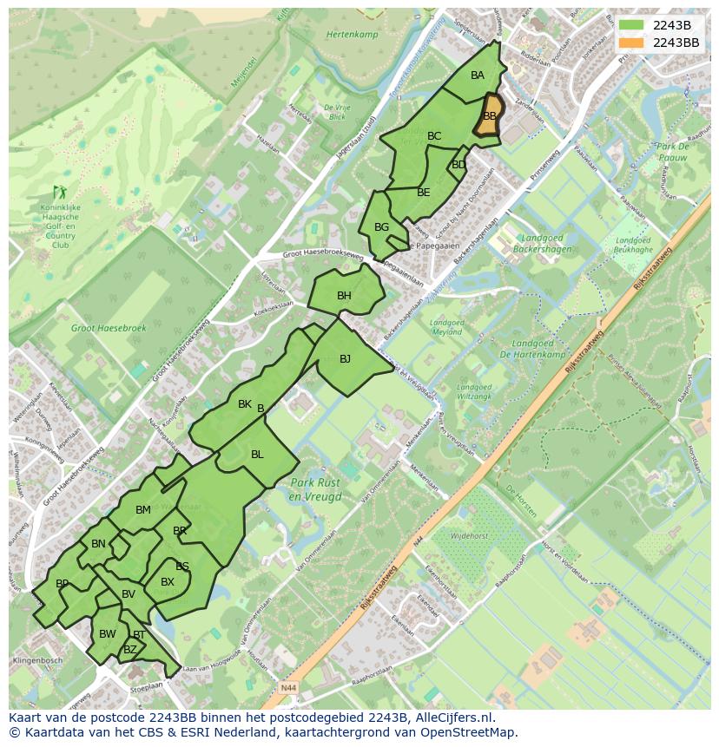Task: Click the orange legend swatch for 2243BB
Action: pyautogui.click(x=630, y=43)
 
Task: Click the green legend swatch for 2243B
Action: pyautogui.click(x=630, y=24)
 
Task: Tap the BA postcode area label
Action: pyautogui.click(x=478, y=75)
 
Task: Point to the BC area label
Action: pyautogui.click(x=434, y=136)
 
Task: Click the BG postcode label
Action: pyautogui.click(x=381, y=227)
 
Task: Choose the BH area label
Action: pyautogui.click(x=344, y=296)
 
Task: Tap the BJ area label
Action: pyautogui.click(x=345, y=359)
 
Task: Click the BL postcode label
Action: pyautogui.click(x=257, y=455)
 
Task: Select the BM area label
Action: pyautogui.click(x=143, y=510)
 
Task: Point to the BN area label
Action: pyautogui.click(x=98, y=545)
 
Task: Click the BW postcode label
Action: pyautogui.click(x=107, y=634)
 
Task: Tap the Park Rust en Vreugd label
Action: pyautogui.click(x=316, y=489)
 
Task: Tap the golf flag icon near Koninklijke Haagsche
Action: pyautogui.click(x=60, y=191)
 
